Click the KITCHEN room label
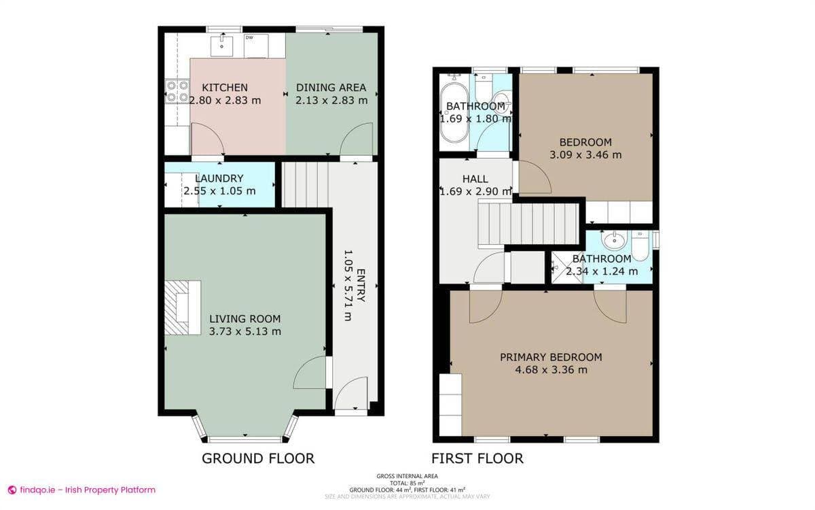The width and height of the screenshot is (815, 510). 225,88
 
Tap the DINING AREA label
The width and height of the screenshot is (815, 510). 331,88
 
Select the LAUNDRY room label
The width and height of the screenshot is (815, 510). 219,179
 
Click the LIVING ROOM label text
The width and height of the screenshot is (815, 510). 244,319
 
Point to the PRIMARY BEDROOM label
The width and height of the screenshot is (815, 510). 551,357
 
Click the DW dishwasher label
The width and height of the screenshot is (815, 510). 249,38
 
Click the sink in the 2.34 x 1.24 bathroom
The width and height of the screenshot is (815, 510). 615,241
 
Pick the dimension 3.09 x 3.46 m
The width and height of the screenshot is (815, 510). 585,154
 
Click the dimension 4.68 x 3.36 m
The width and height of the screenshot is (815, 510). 551,370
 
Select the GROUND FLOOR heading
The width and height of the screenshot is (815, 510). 258,458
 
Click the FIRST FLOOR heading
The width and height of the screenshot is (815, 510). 477,458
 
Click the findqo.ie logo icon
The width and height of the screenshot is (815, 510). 12,490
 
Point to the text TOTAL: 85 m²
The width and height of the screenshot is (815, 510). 407,483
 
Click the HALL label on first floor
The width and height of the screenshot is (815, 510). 475,179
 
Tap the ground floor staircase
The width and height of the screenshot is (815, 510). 305,184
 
